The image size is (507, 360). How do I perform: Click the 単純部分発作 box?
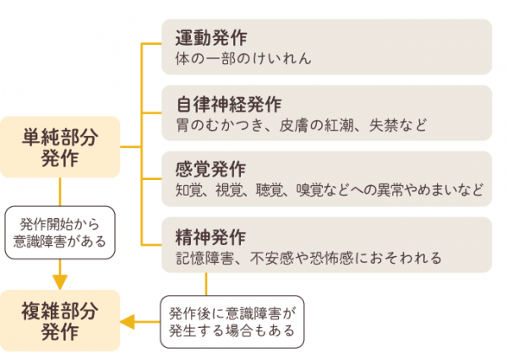60,147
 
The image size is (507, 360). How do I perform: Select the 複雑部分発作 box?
60,321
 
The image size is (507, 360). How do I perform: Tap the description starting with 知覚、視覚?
329,191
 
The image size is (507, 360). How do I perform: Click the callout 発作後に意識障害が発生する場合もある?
233,320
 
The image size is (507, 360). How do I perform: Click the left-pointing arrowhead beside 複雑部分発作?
129,321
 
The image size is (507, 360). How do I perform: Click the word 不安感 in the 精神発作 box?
275,257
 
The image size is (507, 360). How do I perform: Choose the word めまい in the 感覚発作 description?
439,191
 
